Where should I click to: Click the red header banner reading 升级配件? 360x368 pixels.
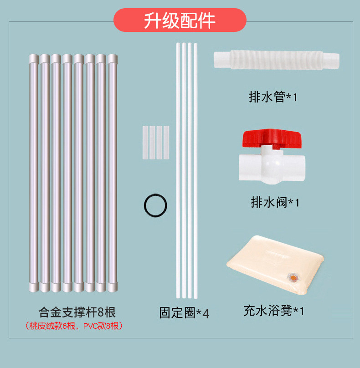coord(180,20)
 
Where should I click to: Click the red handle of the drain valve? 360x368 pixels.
coord(272,138)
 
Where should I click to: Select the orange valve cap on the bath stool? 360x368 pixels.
coord(293,278)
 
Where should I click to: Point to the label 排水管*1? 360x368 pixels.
coord(273,97)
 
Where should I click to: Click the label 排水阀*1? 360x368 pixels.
coord(275,202)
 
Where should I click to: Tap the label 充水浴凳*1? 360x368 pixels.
coord(273,311)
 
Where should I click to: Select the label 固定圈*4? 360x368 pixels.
coord(184,312)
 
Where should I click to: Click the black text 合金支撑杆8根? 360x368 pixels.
coord(77,312)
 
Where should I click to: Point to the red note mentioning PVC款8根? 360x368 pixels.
coord(74,326)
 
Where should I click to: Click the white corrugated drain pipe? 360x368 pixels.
coord(277,60)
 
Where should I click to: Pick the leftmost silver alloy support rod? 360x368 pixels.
coord(34,173)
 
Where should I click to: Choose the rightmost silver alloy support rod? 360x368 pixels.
coord(112,173)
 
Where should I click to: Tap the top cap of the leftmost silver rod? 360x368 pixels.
coord(34,58)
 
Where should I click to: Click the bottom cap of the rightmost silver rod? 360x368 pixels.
coord(112,287)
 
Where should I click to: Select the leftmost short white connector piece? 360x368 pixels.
coord(145,143)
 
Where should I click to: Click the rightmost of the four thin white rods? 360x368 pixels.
coord(195,171)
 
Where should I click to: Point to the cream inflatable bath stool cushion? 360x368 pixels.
coord(275,265)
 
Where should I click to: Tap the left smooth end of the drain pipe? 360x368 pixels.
coord(222,60)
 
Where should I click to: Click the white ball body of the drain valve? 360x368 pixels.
coord(273,165)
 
